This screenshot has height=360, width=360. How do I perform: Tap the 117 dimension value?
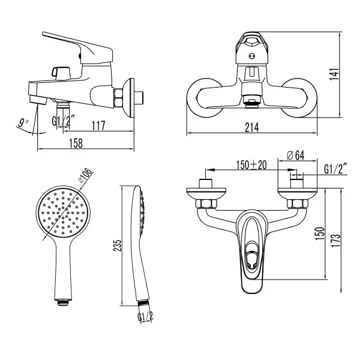[99, 126]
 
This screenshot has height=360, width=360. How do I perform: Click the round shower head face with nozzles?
[59, 212]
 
